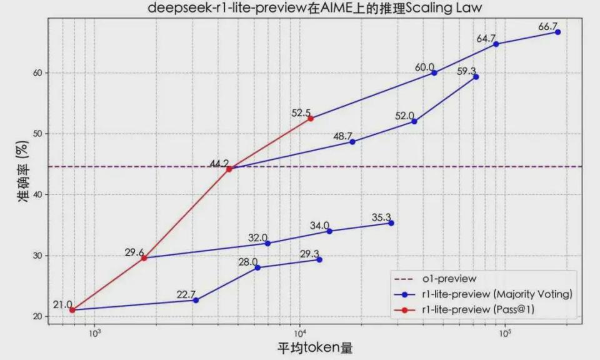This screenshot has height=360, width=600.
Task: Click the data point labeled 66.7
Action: [557, 32]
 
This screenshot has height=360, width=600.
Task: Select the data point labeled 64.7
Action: [496, 44]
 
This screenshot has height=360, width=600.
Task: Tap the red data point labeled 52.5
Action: [311, 118]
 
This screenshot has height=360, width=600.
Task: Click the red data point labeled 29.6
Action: [144, 258]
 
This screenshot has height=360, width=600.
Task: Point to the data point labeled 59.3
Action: [476, 77]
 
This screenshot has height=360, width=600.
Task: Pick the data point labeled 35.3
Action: [391, 223]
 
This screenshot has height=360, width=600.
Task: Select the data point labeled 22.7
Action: [196, 300]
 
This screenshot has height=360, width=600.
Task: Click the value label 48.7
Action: [344, 136]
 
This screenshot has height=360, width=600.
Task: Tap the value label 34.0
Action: [319, 226]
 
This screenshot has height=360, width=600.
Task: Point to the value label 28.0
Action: [248, 262]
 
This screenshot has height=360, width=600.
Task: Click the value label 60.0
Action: [424, 67]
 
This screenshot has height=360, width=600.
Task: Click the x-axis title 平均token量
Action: [310, 347]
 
